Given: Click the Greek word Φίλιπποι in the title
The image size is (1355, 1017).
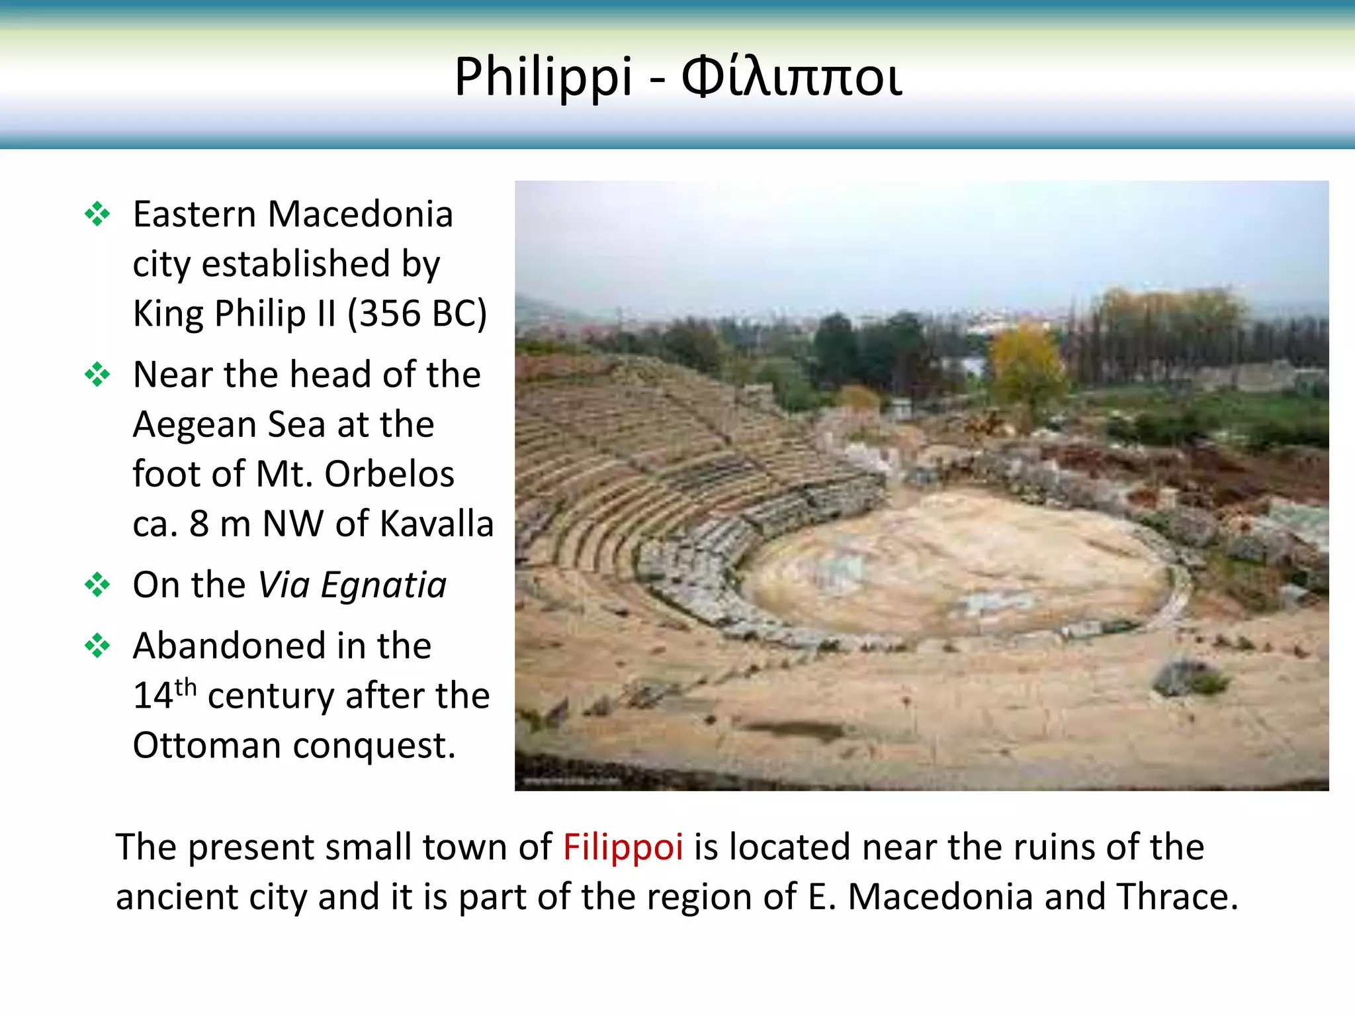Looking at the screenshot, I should (791, 77).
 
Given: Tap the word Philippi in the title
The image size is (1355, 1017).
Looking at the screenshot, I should (543, 78).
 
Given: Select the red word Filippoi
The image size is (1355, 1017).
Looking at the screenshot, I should (623, 847).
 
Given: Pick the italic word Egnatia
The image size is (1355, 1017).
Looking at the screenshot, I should (384, 585).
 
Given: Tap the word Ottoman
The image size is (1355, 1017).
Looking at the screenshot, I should (207, 746).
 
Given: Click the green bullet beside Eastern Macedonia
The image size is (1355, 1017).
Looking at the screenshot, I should (97, 215).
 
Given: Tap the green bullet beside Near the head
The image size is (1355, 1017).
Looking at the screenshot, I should (97, 375).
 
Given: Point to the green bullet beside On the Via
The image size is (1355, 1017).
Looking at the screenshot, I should (97, 585).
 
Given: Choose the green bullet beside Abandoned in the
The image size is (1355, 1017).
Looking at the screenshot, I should (97, 646).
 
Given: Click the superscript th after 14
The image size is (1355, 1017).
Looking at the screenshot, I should (186, 687).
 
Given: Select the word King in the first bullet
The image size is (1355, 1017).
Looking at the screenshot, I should (167, 313).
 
